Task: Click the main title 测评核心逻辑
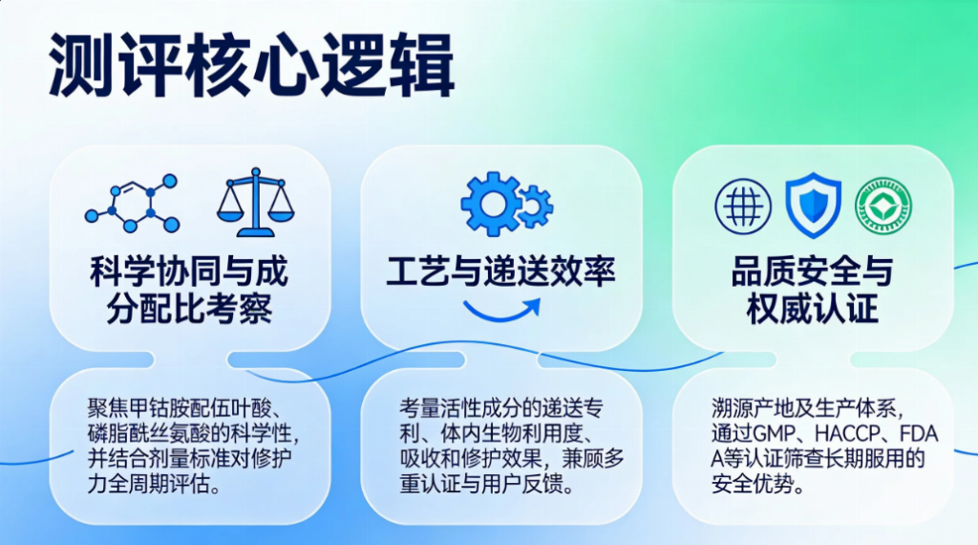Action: coord(251,65)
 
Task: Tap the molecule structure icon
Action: coord(132,204)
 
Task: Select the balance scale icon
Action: coord(255,203)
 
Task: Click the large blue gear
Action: coord(491,204)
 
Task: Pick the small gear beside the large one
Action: coord(536,206)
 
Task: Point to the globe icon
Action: coord(743,207)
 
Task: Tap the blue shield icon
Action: coord(813,206)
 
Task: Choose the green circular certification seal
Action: coord(883,207)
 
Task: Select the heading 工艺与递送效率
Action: coord(500,272)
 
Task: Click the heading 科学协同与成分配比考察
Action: coord(189,290)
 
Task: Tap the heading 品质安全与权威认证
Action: coord(813,290)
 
